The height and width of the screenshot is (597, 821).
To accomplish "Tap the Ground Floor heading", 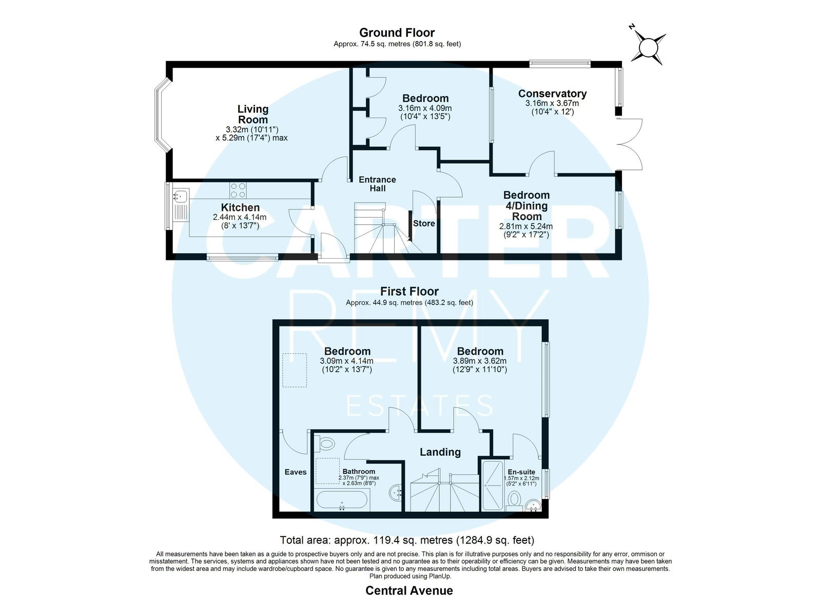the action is (x=397, y=33).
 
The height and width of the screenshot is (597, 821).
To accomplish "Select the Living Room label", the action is (x=253, y=114).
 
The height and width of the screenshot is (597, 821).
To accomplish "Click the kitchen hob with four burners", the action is (x=238, y=190).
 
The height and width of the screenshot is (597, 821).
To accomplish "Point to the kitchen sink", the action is (x=181, y=196).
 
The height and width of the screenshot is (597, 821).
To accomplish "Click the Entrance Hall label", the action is (x=378, y=184).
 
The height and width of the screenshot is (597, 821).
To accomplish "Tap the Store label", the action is (x=424, y=223).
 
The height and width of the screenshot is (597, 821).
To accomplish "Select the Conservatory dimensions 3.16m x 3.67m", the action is (x=552, y=103).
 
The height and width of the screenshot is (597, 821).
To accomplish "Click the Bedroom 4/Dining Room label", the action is (x=526, y=205).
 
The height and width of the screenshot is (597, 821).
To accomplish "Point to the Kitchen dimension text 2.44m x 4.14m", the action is (x=240, y=217).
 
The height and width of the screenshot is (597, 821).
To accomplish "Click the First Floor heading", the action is (x=409, y=292).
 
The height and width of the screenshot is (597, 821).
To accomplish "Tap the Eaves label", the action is (x=296, y=472).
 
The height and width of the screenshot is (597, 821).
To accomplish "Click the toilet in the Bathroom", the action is (x=325, y=443).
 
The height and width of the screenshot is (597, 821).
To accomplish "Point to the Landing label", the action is (x=440, y=452).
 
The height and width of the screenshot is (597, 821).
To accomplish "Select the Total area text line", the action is (x=407, y=540).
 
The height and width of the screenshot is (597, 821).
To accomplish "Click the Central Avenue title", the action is (x=409, y=590).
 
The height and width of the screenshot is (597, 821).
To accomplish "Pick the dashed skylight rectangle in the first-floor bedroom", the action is (x=295, y=370).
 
